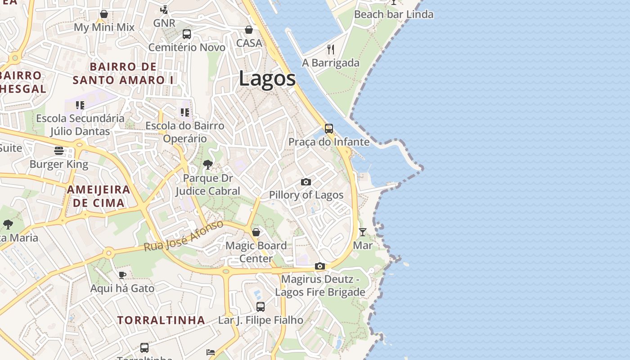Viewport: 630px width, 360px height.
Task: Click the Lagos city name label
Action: coord(267,79)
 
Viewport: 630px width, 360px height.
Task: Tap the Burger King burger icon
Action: coord(59,150)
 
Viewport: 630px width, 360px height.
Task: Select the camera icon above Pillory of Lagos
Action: coord(306,182)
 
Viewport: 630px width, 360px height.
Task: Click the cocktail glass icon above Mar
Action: coord(363,232)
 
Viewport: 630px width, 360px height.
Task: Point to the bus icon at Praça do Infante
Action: coord(329,129)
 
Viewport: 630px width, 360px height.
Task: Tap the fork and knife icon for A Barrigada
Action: coord(331,49)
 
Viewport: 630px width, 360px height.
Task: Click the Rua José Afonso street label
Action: coord(184,236)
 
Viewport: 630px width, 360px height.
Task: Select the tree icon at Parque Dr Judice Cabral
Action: coord(207,165)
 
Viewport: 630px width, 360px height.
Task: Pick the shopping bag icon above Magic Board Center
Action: coord(256,232)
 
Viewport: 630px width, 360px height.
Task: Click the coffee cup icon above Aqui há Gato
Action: coord(122,275)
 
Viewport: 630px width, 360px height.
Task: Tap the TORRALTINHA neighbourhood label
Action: coord(161,320)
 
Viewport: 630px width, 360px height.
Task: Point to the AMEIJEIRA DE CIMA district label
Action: coord(99,196)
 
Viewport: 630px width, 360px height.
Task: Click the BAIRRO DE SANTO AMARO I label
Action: coord(123,73)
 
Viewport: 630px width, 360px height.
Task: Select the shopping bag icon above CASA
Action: coord(249,30)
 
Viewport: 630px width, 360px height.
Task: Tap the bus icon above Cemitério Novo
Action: coord(187,34)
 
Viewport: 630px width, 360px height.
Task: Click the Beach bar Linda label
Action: coord(394,14)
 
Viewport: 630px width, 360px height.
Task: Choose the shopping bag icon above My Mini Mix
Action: coord(104,14)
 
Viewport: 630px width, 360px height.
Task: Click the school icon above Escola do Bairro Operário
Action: coord(185,112)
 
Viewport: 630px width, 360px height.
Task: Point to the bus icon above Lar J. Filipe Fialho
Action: coord(261,307)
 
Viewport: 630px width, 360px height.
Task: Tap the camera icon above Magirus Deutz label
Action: coord(320,266)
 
